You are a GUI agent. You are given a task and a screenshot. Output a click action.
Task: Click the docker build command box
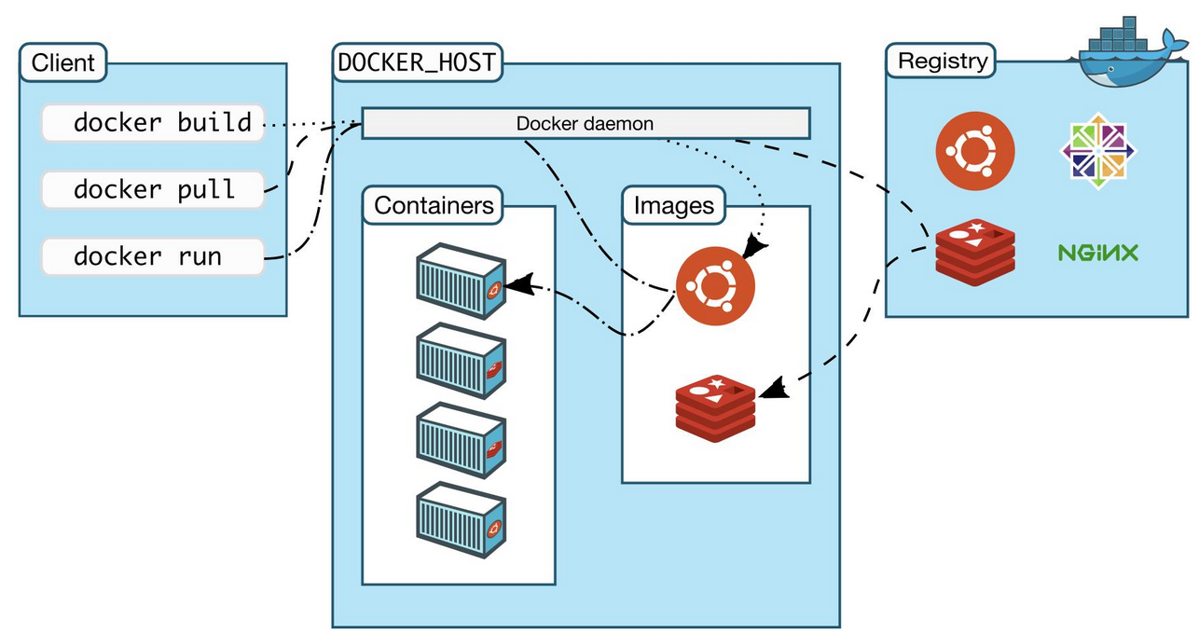coord(153,123)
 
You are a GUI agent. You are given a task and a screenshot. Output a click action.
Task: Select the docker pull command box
coord(153,190)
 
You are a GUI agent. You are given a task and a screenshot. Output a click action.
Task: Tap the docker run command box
coord(153,256)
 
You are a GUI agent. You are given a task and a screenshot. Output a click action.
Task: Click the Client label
coord(63,63)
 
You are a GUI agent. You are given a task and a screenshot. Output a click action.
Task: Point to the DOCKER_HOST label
coord(417,62)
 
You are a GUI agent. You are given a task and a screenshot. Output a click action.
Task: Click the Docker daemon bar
coord(585,123)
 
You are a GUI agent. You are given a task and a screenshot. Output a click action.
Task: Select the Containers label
coord(434,205)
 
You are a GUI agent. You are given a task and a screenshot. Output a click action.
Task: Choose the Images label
coord(673,205)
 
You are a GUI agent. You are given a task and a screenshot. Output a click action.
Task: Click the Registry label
coord(942,62)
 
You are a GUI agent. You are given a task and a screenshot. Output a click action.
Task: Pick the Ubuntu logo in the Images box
coord(715,286)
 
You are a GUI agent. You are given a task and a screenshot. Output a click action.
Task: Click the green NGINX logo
coord(1098,252)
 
